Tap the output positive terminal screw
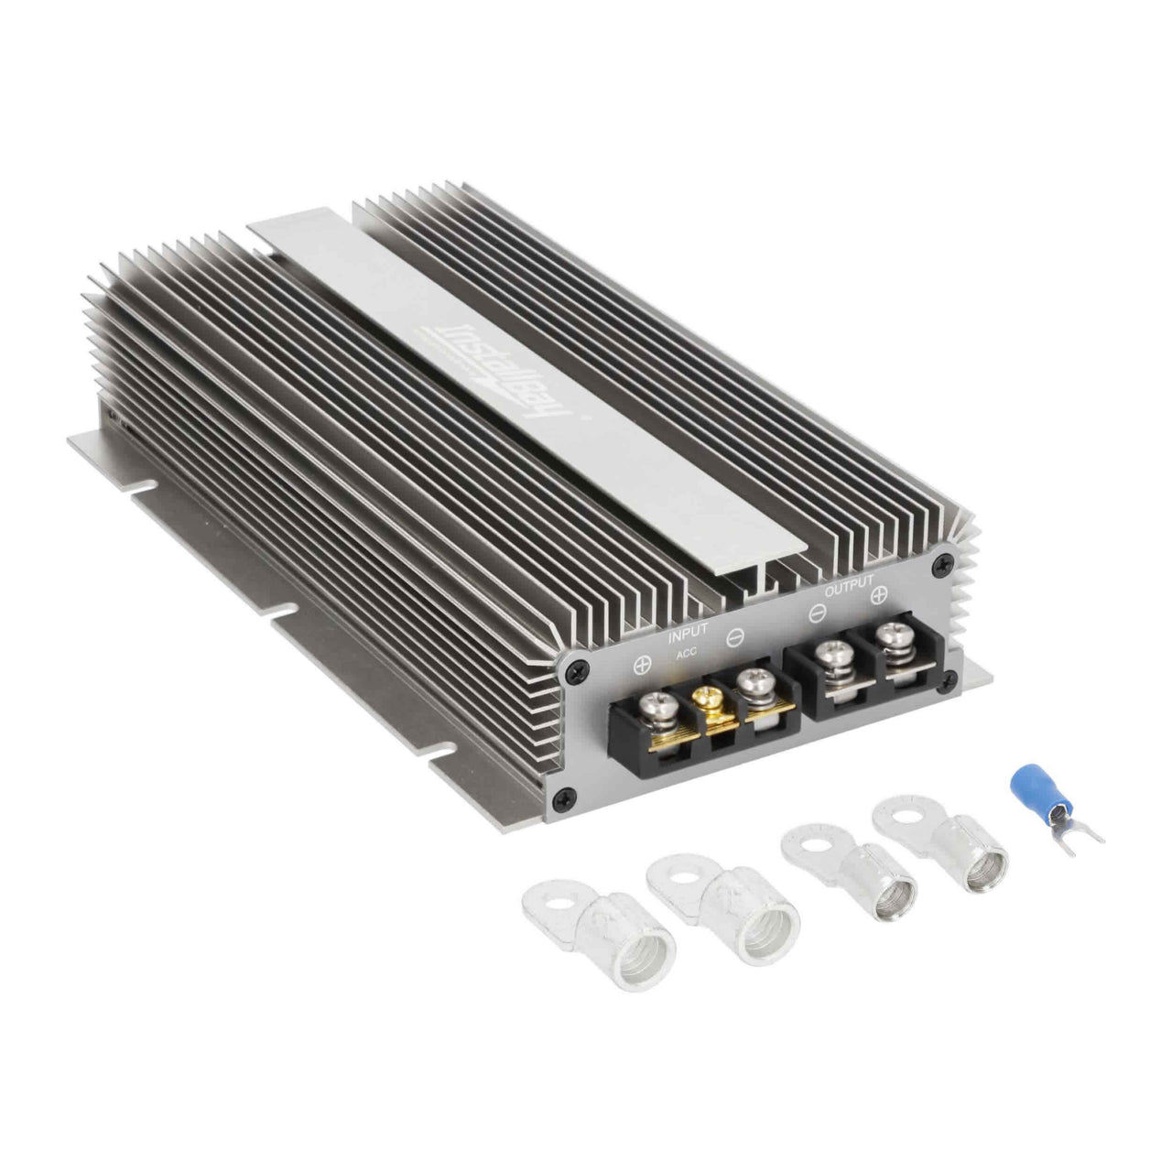(x=888, y=635)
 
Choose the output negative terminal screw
(x=832, y=656)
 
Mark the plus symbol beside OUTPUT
(x=878, y=596)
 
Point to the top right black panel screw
(x=938, y=569)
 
